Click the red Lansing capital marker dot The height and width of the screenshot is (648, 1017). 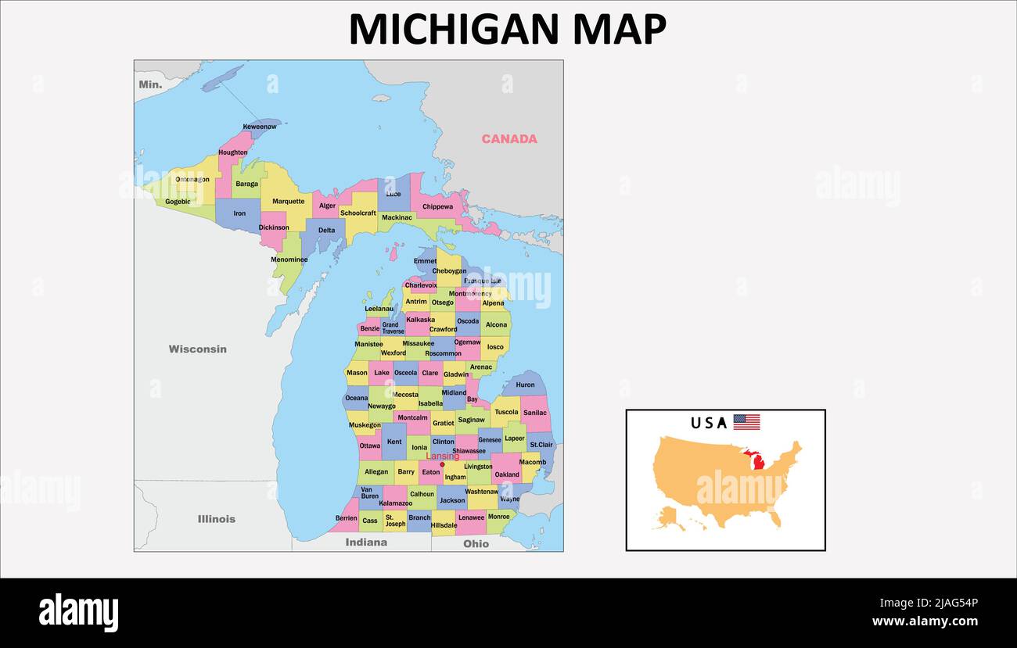(x=442, y=464)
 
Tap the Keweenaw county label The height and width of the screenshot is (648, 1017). (x=259, y=127)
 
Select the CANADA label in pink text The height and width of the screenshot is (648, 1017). (x=509, y=139)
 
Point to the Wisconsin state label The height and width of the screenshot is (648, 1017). (x=198, y=349)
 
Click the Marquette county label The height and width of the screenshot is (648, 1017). (x=288, y=202)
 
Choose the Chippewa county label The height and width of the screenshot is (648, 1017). (x=437, y=207)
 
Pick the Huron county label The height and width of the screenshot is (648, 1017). (x=525, y=385)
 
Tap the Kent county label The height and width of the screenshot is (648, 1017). (x=394, y=442)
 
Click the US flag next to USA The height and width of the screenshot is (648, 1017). (x=746, y=423)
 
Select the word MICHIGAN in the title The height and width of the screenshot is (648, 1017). (x=455, y=30)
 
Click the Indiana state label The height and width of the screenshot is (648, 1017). (x=366, y=542)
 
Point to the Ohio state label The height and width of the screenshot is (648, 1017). (x=476, y=544)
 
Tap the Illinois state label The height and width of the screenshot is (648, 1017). (x=216, y=519)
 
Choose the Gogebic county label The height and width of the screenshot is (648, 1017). (x=178, y=202)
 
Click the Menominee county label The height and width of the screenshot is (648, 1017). (x=289, y=260)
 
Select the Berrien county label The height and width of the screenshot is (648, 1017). (x=346, y=518)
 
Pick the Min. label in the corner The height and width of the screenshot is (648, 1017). (x=150, y=84)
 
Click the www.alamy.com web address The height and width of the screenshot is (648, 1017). (x=925, y=621)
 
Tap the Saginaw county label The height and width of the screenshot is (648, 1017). (x=471, y=420)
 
